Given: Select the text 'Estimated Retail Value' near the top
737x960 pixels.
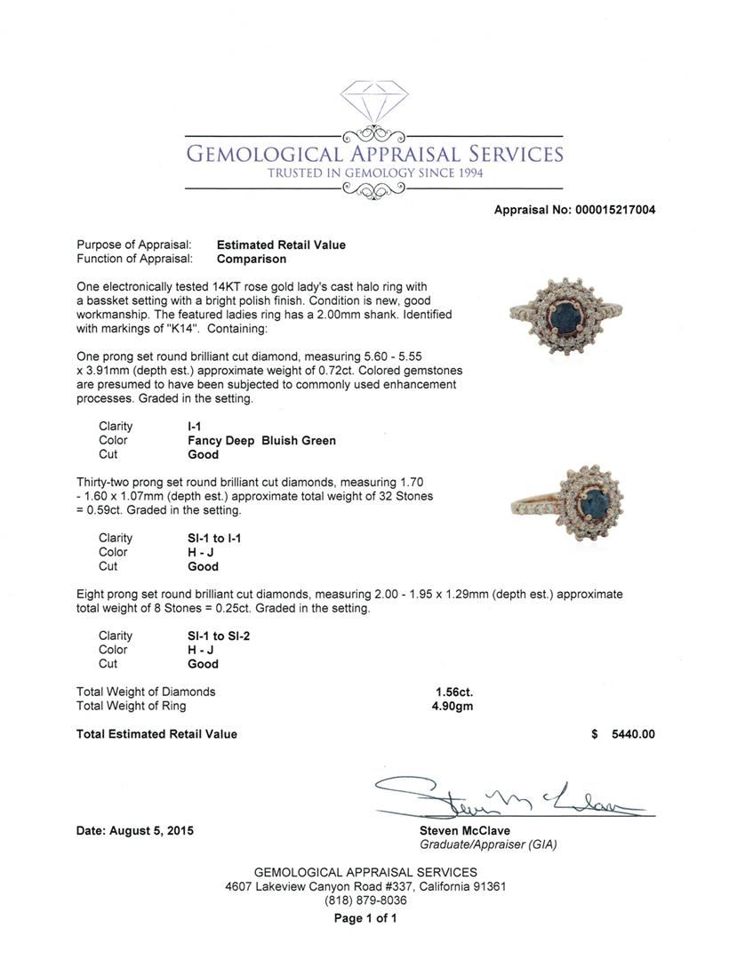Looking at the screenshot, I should tap(281, 245).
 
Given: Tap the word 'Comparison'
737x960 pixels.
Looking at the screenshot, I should tap(252, 260).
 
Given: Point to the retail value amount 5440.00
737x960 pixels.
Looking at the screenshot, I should tap(633, 734).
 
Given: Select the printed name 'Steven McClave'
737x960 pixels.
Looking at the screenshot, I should tap(464, 831).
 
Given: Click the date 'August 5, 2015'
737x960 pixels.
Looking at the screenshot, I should tap(151, 831).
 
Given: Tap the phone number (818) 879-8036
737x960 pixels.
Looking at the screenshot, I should tap(365, 900).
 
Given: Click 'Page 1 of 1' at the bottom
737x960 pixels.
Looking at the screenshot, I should tap(365, 918).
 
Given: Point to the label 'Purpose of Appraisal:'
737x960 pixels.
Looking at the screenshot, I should tap(134, 245).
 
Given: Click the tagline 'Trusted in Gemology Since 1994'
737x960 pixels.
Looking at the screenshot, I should tap(374, 172).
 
